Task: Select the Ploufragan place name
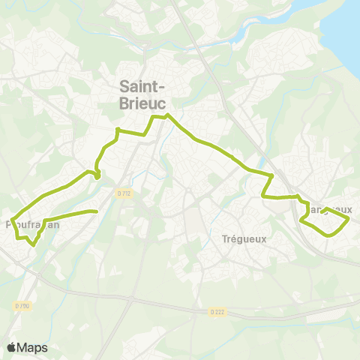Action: point(31,223)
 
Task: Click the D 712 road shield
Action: point(124,193)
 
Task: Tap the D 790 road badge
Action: point(22,306)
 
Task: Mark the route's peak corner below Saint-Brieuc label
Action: point(169,115)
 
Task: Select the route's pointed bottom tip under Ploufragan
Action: point(33,244)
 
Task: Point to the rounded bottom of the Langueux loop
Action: point(328,235)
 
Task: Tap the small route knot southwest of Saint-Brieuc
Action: point(97,176)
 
